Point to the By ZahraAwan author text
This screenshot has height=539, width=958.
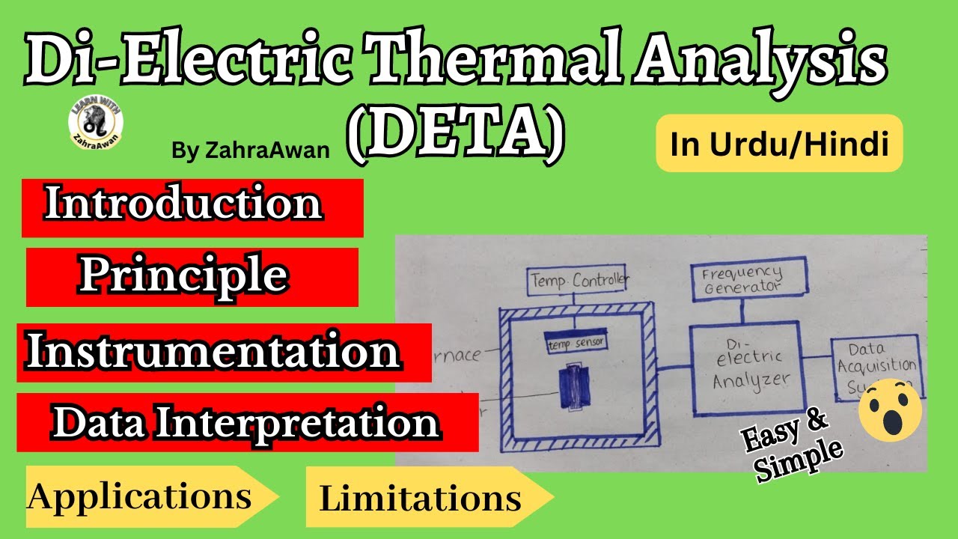click(250, 150)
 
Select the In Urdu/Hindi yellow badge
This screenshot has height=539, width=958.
click(779, 144)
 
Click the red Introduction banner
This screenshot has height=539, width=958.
click(192, 207)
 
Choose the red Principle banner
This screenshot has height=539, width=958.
click(192, 277)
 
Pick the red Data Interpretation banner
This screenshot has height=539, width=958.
click(247, 423)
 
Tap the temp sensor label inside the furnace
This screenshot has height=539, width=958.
click(575, 342)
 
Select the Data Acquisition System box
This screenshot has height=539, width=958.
click(876, 367)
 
